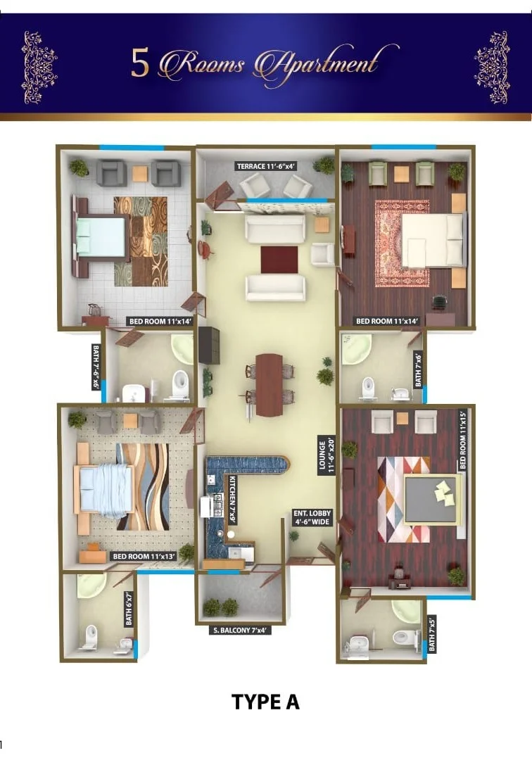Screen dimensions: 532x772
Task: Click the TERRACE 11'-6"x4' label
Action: [266, 166]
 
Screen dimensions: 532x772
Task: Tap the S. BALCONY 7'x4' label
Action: [241, 631]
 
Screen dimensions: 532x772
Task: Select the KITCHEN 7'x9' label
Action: [232, 499]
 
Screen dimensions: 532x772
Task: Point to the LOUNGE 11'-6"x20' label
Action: [327, 455]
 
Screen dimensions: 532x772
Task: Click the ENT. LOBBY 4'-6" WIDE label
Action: [312, 517]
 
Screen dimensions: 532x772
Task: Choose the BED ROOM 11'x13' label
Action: [144, 557]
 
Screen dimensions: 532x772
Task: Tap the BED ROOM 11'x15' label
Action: [462, 440]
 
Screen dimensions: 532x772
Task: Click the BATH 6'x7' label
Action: [129, 609]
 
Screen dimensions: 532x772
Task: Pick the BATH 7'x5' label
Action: [431, 633]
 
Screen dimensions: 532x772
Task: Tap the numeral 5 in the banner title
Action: [140, 64]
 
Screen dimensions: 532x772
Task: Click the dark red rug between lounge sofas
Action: [279, 260]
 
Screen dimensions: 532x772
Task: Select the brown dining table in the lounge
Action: [269, 384]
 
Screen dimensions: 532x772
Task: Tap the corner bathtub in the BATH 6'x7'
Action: [91, 586]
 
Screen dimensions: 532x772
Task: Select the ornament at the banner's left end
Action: [39, 68]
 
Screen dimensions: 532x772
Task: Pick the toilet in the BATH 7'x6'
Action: [367, 388]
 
